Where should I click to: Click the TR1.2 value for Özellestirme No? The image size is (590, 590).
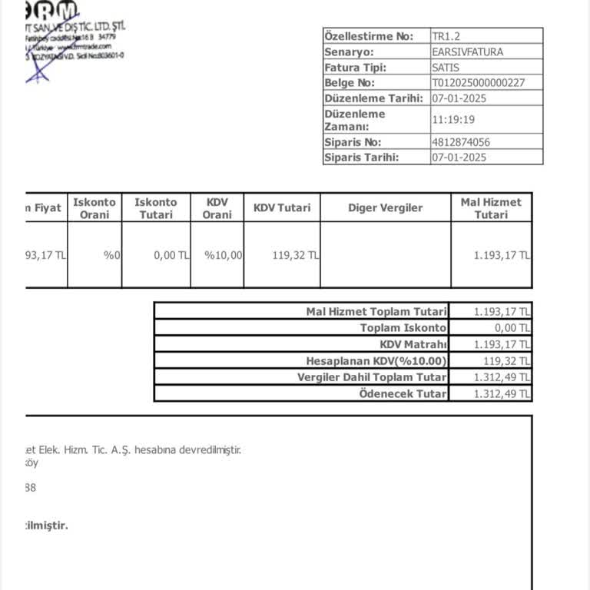click(446, 36)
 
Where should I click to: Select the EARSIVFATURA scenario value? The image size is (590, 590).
click(468, 51)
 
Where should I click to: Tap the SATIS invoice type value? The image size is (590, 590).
click(446, 67)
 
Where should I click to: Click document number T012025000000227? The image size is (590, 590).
click(479, 82)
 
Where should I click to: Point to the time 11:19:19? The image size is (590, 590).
click(453, 120)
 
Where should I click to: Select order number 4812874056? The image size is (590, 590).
click(461, 142)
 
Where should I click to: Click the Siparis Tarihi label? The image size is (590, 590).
click(361, 157)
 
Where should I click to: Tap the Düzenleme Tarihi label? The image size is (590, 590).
click(373, 98)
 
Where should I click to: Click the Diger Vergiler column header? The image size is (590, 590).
click(385, 207)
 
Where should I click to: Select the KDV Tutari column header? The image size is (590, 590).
click(282, 207)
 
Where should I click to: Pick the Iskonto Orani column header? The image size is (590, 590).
click(94, 208)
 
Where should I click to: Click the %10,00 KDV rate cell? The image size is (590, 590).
click(224, 255)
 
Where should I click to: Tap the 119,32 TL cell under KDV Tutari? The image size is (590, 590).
click(296, 255)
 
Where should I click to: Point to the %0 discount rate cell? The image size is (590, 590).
click(112, 255)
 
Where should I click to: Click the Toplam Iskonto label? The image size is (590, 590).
click(403, 327)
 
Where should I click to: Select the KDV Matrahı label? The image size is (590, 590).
click(413, 344)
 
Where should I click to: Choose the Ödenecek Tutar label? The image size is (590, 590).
click(403, 393)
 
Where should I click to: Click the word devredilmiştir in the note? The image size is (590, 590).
click(210, 450)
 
